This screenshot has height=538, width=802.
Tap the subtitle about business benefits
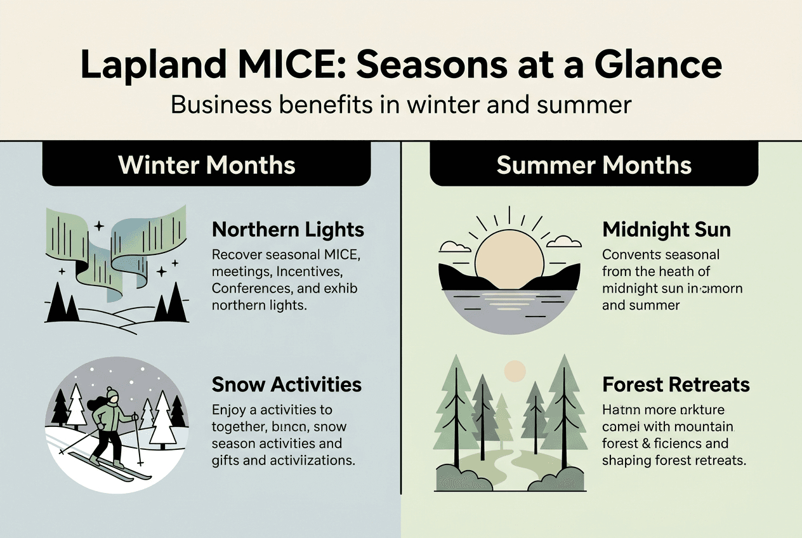pyautogui.click(x=401, y=104)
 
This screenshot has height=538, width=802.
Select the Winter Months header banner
pyautogui.click(x=207, y=165)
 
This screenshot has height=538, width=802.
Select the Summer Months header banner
pyautogui.click(x=594, y=165)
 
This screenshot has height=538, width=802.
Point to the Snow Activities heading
pyautogui.click(x=286, y=384)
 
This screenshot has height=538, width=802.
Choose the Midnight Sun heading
pyautogui.click(x=666, y=229)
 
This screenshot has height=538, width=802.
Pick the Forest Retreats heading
pyautogui.click(x=676, y=384)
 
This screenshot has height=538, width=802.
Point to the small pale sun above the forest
pyautogui.click(x=515, y=370)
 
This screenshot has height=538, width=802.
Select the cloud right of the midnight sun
pyautogui.click(x=563, y=242)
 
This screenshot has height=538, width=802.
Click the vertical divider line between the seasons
pyautogui.click(x=401, y=317)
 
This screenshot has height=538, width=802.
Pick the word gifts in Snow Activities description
pyautogui.click(x=228, y=460)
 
